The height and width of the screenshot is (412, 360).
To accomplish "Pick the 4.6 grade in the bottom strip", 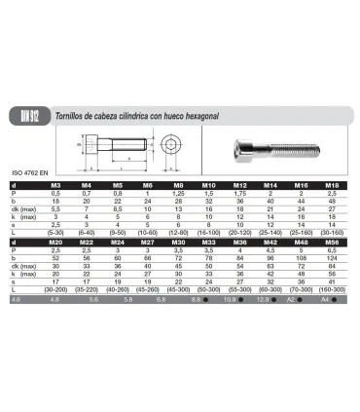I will [x=14, y=302].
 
